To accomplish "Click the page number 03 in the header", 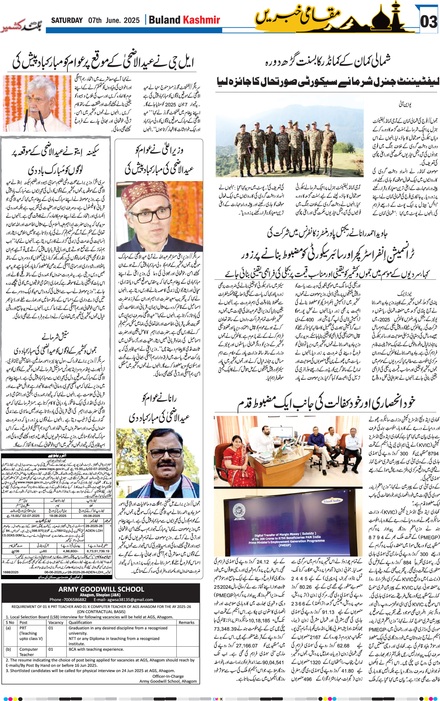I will (429, 22).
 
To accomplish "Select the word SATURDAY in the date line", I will (67, 20).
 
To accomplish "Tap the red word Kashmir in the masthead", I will (202, 20).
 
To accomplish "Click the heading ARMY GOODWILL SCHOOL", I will (101, 589).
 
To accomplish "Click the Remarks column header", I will (186, 623).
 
